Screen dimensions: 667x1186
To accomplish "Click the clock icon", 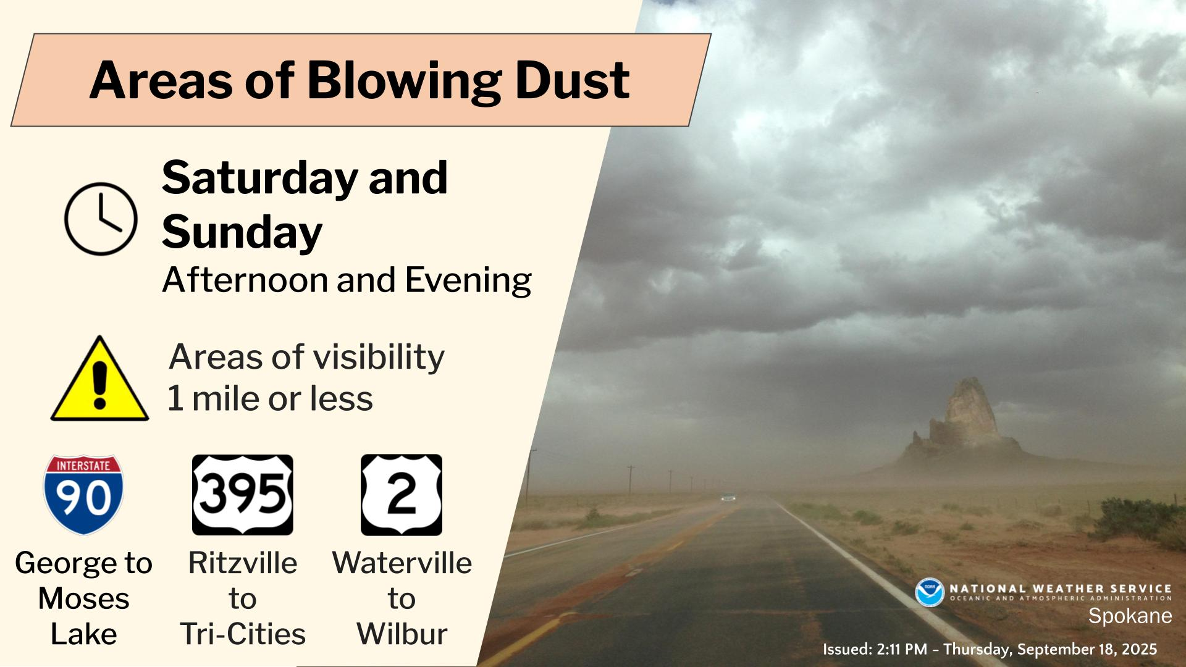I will [101, 219].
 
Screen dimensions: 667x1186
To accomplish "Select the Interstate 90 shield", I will [83, 495].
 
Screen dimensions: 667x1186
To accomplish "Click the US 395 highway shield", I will [242, 495].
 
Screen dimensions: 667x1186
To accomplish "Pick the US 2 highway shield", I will [402, 495].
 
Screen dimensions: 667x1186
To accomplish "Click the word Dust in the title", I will [572, 80].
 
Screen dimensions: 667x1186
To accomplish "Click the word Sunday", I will [242, 232].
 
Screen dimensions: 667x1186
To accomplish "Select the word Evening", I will [468, 281].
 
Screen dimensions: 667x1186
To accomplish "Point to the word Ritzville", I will [242, 563].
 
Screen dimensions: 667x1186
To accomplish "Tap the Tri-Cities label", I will [242, 634].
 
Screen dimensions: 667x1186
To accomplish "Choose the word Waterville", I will [402, 563].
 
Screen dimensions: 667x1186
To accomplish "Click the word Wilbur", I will [402, 634].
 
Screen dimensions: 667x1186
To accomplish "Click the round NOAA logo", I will [930, 592].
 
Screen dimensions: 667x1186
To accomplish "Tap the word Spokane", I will [1130, 616].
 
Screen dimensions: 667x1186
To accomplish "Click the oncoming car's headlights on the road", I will [729, 498].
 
